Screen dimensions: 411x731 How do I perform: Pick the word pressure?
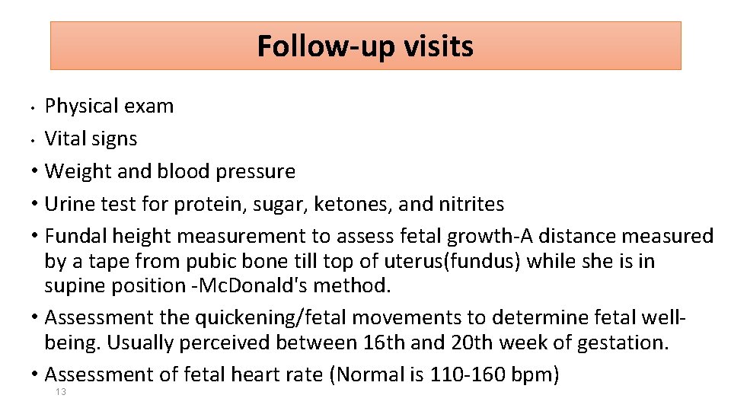(x=257, y=172)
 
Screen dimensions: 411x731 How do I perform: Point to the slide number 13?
(x=61, y=392)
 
